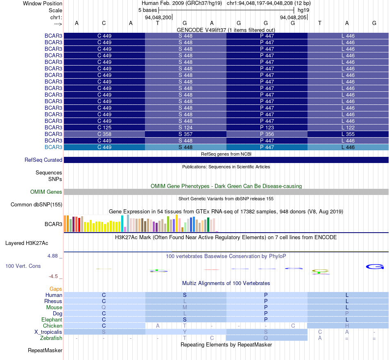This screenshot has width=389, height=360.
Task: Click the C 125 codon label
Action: click(104, 127)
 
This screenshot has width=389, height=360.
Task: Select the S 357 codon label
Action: click(185, 134)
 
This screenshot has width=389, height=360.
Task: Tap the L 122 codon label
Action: click(348, 127)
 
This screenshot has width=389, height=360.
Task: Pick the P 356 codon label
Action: click(267, 134)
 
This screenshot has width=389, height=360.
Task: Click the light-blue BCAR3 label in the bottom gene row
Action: click(53, 147)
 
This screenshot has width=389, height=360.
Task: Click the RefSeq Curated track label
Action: click(43, 160)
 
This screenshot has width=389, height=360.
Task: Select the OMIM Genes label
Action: click(46, 192)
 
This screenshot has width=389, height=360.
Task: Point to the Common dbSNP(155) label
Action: click(36, 205)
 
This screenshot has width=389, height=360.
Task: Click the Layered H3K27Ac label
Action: click(27, 243)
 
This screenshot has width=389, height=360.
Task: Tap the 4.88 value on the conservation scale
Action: click(52, 256)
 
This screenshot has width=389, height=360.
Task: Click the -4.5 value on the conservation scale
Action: click(53, 276)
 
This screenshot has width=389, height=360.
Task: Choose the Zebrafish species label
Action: click(51, 338)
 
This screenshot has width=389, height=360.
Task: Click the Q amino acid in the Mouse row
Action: click(104, 308)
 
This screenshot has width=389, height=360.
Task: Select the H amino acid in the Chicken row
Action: click(347, 326)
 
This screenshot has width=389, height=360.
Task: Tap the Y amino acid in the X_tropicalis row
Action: click(185, 332)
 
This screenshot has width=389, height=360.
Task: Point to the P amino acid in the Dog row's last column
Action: click(347, 313)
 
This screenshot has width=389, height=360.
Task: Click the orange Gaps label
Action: click(56, 289)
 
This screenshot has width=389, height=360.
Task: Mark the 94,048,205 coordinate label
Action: click(293, 17)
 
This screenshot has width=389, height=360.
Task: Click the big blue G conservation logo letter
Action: click(375, 267)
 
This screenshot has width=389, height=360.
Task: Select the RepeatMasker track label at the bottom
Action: click(45, 350)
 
